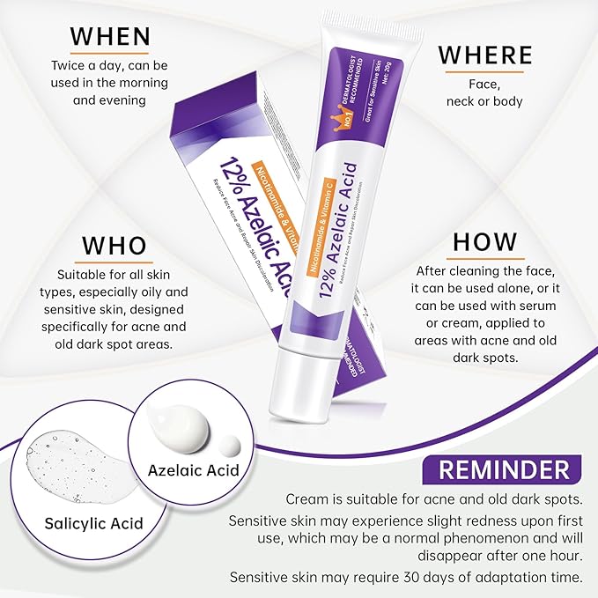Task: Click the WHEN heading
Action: pyautogui.click(x=111, y=36)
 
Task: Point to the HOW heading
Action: pyautogui.click(x=484, y=241)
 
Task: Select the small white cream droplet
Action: pyautogui.click(x=231, y=445)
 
